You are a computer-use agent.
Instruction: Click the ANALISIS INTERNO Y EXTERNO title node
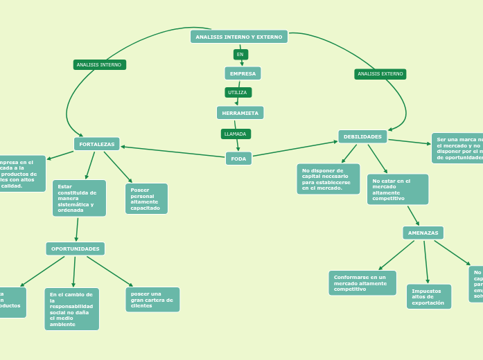[239, 37]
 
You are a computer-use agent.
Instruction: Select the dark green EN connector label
[240, 54]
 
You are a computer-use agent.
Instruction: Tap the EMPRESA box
[243, 73]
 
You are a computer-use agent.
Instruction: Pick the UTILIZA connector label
[238, 92]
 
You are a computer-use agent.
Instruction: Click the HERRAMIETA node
[240, 113]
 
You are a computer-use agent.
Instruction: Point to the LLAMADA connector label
[236, 134]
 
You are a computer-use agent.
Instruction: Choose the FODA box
[238, 159]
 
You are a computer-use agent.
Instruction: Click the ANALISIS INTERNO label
[99, 65]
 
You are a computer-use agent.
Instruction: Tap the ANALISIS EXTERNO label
[380, 74]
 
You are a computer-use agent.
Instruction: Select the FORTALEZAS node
[97, 144]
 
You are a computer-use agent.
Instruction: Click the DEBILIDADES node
[362, 137]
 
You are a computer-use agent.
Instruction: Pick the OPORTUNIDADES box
[76, 249]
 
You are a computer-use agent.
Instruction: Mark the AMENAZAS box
[423, 233]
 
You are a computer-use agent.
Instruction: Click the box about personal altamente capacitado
[146, 199]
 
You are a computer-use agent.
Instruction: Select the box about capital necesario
[328, 179]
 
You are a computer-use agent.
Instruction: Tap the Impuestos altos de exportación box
[428, 296]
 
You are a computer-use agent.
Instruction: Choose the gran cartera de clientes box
[152, 300]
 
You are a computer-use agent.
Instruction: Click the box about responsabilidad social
[71, 309]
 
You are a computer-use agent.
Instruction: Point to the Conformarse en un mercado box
[362, 282]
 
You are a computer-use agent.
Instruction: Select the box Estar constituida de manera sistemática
[79, 198]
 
